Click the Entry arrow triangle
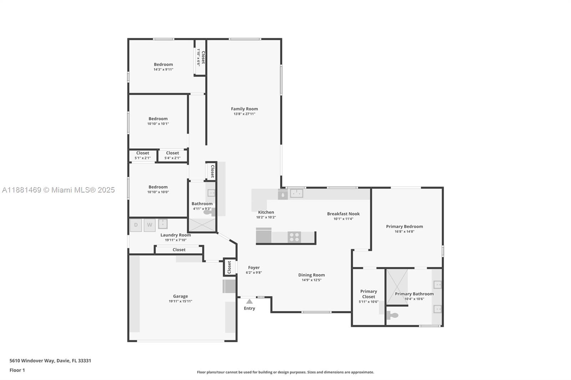pyautogui.click(x=249, y=302)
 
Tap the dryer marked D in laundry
pyautogui.click(x=136, y=225)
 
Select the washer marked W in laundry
pyautogui.click(x=150, y=225)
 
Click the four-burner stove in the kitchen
pyautogui.click(x=294, y=237)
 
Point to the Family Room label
pyautogui.click(x=244, y=109)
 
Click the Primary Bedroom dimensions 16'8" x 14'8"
pyautogui.click(x=404, y=231)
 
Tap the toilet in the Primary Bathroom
pyautogui.click(x=393, y=315)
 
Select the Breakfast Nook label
pyautogui.click(x=343, y=214)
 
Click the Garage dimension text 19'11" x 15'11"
pyautogui.click(x=181, y=301)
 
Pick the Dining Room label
pyautogui.click(x=312, y=275)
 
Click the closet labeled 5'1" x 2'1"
pyautogui.click(x=142, y=155)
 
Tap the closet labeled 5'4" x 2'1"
pyautogui.click(x=172, y=155)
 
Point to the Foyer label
pyautogui.click(x=254, y=267)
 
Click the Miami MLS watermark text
pyautogui.click(x=59, y=190)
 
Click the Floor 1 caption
pyautogui.click(x=17, y=370)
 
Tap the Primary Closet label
pyautogui.click(x=369, y=294)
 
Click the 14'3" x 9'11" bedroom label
pyautogui.click(x=163, y=67)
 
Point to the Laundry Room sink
pyautogui.click(x=163, y=224)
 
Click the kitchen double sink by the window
pyautogui.click(x=296, y=194)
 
